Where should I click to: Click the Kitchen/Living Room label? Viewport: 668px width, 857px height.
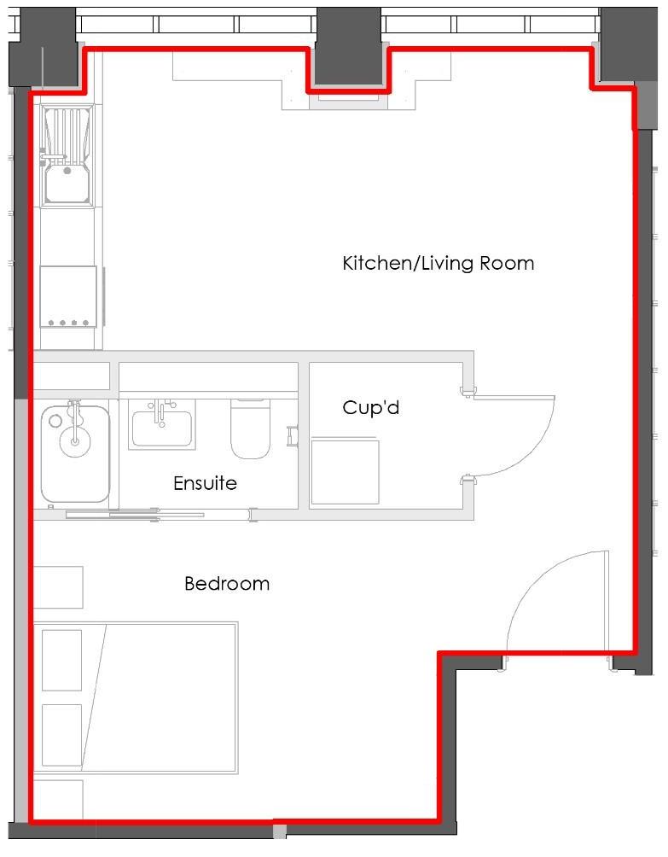[x=438, y=263]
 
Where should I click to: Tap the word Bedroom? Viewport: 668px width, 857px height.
[x=227, y=584]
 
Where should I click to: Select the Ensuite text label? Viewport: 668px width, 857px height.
[x=205, y=483]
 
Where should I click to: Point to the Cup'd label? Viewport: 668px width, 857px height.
[x=370, y=408]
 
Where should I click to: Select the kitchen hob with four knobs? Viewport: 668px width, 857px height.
[x=68, y=295]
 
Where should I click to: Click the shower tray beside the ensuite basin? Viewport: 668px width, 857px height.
[x=74, y=453]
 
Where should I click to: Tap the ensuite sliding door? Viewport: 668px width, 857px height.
[x=137, y=514]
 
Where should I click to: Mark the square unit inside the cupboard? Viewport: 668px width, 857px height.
[x=345, y=471]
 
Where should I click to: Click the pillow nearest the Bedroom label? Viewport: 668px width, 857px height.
[x=61, y=660]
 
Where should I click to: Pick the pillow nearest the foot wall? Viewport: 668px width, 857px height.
[x=61, y=734]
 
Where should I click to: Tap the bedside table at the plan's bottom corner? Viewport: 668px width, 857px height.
[x=57, y=800]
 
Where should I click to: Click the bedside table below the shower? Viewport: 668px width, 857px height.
[x=57, y=587]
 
